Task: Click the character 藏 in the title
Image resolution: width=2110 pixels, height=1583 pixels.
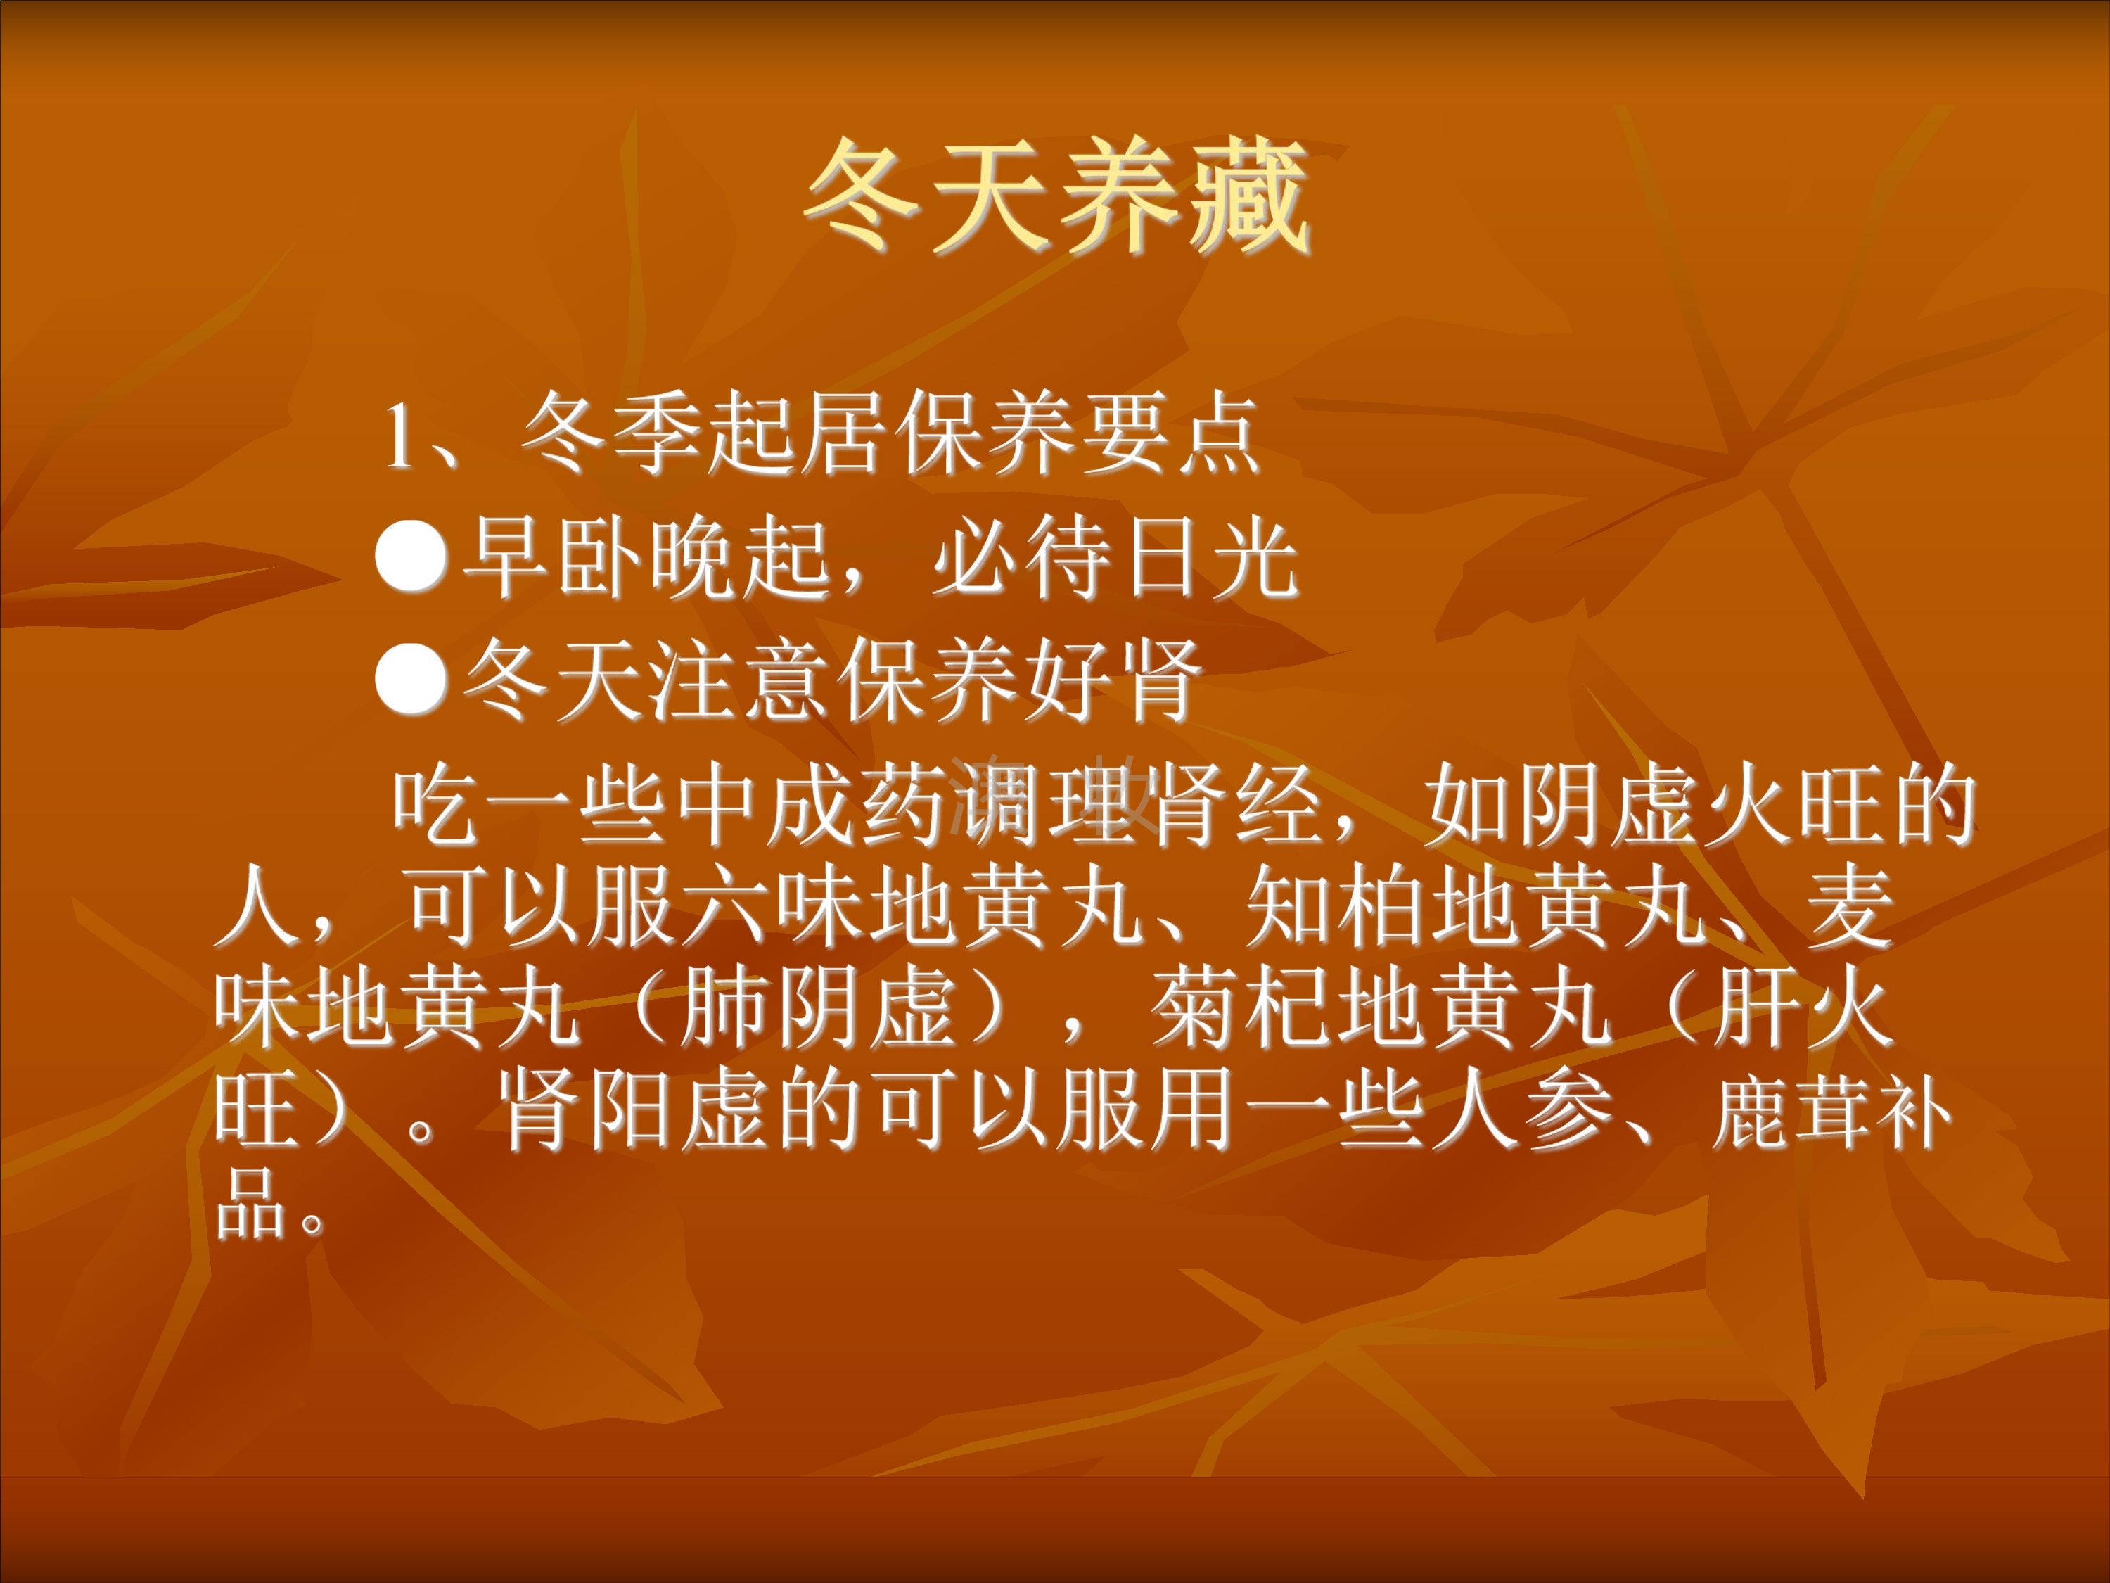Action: point(1248,198)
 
